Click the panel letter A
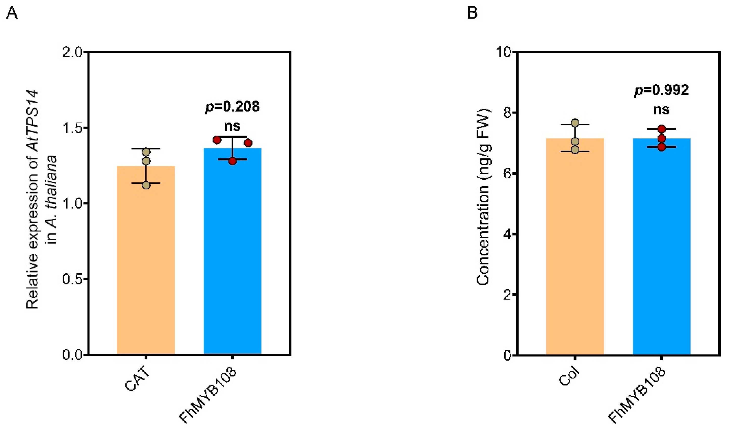coord(12,13)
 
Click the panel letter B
coord(472,13)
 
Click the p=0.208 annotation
coord(232,107)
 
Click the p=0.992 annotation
coord(662,90)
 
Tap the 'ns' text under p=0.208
coord(232,126)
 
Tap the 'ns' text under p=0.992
coord(662,110)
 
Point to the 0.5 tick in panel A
coord(73,279)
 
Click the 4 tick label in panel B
coord(508,234)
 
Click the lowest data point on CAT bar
coord(146,185)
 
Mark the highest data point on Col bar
coord(575,123)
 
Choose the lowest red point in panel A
coord(232,161)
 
